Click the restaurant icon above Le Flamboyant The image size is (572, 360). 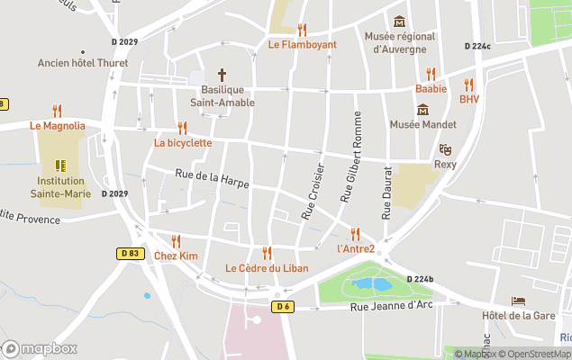(x=302, y=30)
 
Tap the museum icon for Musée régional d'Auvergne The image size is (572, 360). (x=399, y=22)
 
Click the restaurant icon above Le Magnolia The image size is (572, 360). (x=58, y=111)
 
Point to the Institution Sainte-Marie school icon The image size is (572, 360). (x=59, y=166)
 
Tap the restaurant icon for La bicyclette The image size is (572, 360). (x=183, y=128)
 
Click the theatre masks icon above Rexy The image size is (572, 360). (x=445, y=149)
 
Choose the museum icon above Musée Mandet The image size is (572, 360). (x=422, y=110)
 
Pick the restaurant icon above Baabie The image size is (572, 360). (x=431, y=74)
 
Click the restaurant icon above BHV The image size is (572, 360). (x=468, y=85)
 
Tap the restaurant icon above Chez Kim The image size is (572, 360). (x=176, y=241)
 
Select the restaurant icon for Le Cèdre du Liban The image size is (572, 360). (x=267, y=253)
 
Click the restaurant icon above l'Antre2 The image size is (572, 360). (x=355, y=234)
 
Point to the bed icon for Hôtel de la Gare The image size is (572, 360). (x=518, y=301)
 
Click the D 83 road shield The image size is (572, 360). (x=130, y=254)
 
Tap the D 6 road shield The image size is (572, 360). (x=284, y=307)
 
